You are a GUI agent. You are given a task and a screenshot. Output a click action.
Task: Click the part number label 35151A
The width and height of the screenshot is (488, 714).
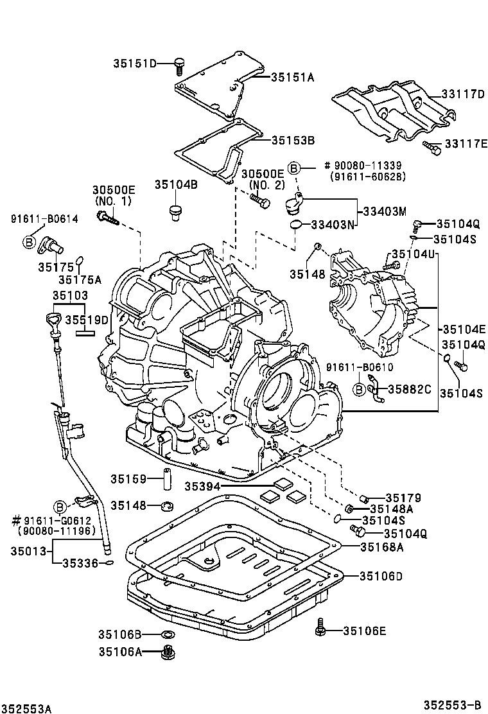click(x=292, y=77)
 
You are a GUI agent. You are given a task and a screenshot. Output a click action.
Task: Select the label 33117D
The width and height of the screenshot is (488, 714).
click(x=463, y=94)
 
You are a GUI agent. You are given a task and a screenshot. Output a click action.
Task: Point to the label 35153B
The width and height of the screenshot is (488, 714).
click(x=292, y=139)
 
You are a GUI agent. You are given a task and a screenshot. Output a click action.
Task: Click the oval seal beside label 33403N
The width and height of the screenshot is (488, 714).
click(x=296, y=224)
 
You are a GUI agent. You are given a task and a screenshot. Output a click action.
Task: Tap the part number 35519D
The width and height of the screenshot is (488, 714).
click(x=87, y=318)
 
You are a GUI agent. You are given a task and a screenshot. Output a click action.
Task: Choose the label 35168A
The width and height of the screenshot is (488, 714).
click(x=381, y=547)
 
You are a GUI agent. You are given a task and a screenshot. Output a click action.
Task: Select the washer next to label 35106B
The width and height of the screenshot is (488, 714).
click(x=168, y=635)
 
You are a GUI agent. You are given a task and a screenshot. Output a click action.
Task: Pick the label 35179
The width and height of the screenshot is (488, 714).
click(x=403, y=497)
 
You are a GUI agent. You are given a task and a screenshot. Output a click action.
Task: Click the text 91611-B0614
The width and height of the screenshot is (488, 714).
click(x=44, y=219)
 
